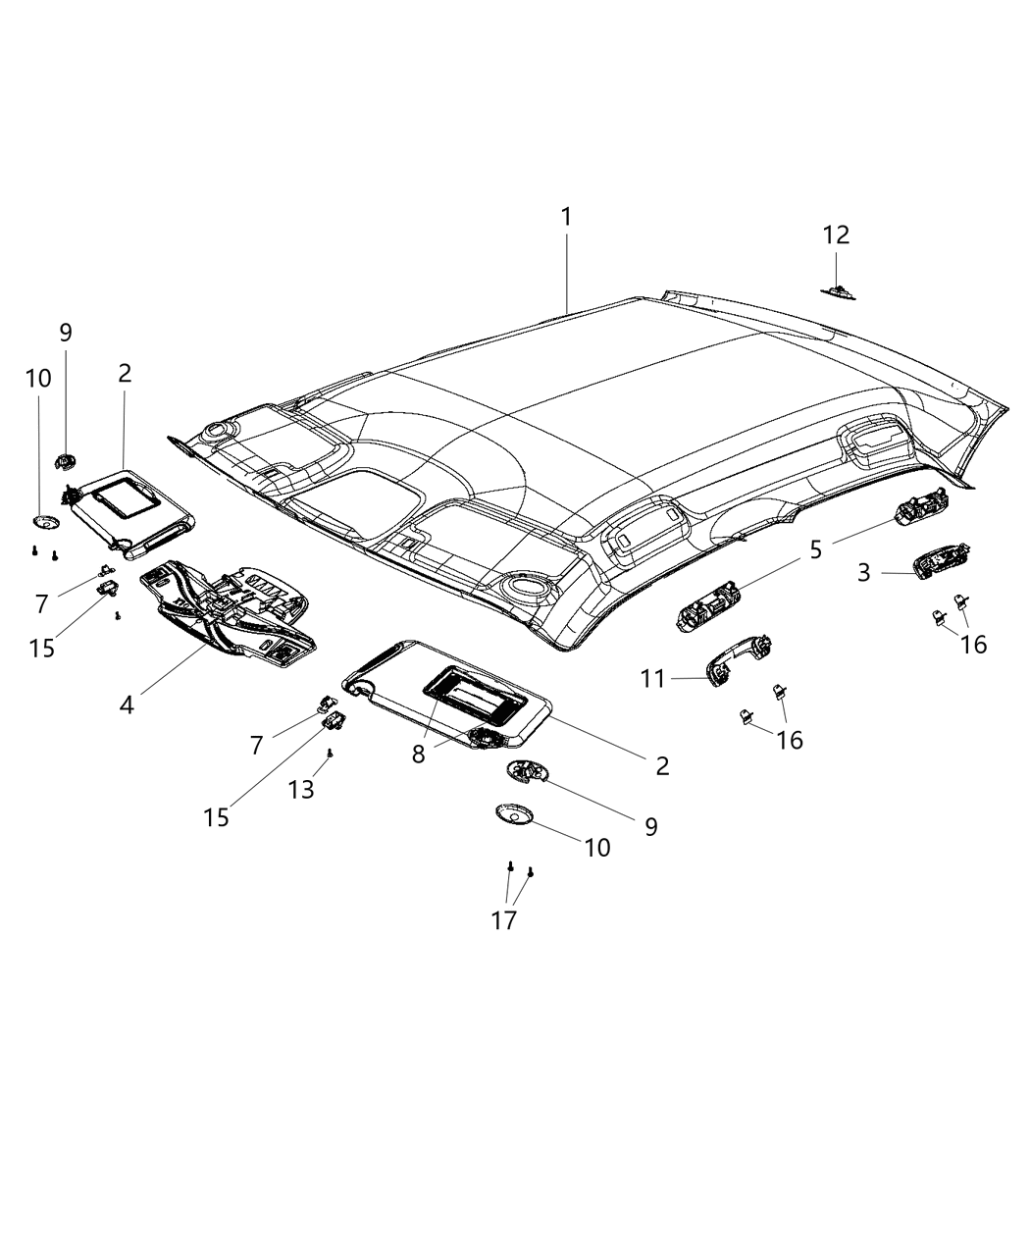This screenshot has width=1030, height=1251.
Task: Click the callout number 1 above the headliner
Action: (x=566, y=217)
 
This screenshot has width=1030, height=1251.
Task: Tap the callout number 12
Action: (x=836, y=235)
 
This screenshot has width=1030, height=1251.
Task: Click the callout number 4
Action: (x=127, y=704)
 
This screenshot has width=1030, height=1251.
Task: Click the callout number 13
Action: (x=301, y=789)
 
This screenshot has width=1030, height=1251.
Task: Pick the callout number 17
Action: (x=504, y=920)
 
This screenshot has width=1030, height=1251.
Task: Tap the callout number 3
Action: (x=863, y=572)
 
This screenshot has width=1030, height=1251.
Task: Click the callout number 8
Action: (x=419, y=754)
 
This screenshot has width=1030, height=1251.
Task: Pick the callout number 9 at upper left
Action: (x=66, y=333)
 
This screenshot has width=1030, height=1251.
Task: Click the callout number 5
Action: (x=816, y=549)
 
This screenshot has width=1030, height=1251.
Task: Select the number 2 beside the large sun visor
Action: (x=662, y=766)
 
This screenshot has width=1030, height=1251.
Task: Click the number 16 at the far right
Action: (x=973, y=644)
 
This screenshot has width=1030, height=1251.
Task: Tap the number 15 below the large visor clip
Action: (x=217, y=816)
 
